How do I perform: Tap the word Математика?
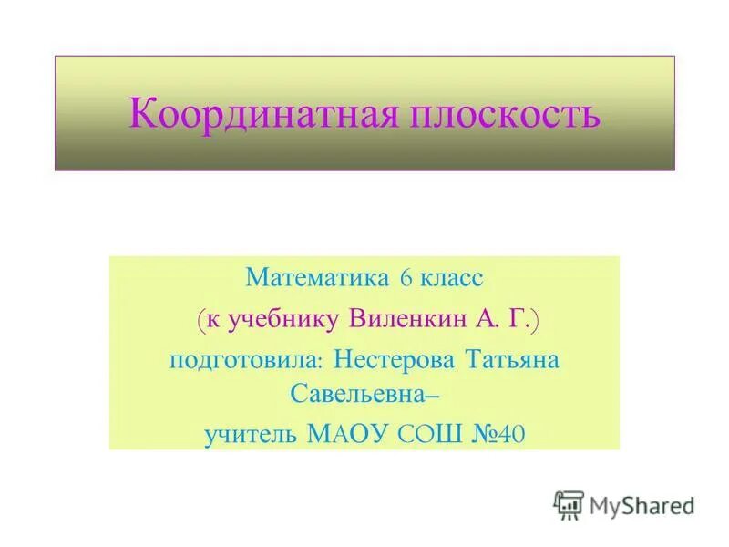click(x=315, y=277)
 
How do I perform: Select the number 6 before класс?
click(x=406, y=277)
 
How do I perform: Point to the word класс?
click(x=451, y=277)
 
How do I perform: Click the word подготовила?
click(x=247, y=358)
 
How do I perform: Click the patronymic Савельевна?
click(x=357, y=393)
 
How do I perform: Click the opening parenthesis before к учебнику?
click(x=200, y=320)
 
